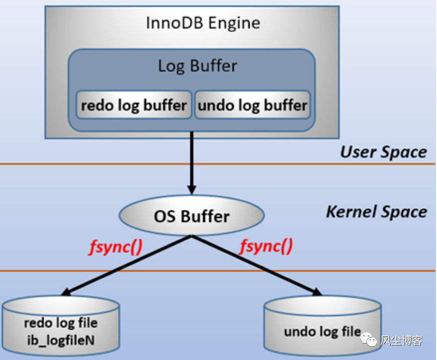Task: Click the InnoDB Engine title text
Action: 203,23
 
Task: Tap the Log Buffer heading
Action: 197,66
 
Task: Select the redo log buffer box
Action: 134,105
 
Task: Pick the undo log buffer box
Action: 253,105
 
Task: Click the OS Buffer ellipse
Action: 192,215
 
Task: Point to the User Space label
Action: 383,152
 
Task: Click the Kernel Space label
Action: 377,212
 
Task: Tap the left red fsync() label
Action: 116,247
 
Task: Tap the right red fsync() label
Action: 266,246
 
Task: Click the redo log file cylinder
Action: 61,326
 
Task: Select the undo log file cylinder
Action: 322,326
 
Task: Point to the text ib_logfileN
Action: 61,340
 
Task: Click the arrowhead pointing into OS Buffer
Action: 192,190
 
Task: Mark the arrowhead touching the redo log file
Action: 66,292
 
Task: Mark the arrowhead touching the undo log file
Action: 316,291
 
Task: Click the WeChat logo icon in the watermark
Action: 369,339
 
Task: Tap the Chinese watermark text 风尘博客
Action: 401,340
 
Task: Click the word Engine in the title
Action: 234,23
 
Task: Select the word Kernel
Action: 351,211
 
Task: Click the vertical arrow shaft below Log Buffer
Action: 192,159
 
